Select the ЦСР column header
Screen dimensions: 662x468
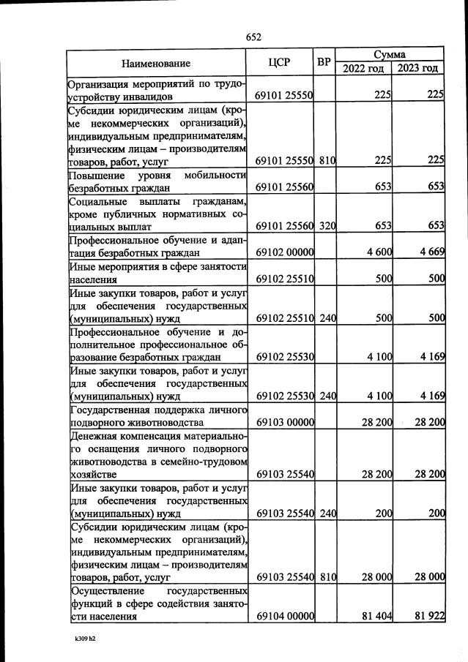click(x=284, y=63)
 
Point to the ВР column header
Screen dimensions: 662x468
click(x=324, y=62)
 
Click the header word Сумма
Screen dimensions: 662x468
click(x=391, y=55)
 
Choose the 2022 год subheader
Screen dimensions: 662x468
click(x=364, y=69)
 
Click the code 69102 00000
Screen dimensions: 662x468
click(x=285, y=252)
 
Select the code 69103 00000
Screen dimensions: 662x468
click(x=285, y=422)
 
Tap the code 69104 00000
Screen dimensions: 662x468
click(x=285, y=617)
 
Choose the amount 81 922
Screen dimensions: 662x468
click(x=429, y=617)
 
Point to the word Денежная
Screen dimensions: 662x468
click(x=96, y=435)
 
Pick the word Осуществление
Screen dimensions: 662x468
click(x=105, y=590)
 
